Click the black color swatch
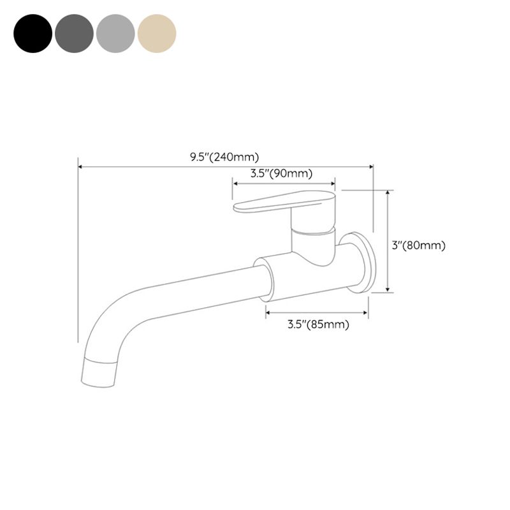[x=33, y=33]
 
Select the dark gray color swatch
[x=74, y=33]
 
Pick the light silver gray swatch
[x=115, y=33]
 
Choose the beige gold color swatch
[x=157, y=33]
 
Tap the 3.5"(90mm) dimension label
[x=281, y=173]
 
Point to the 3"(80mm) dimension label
[x=418, y=245]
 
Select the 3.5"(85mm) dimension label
[x=318, y=324]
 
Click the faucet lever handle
[x=284, y=200]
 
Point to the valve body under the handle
[x=312, y=245]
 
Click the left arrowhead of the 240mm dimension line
[x=80, y=167]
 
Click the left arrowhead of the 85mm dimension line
[x=268, y=312]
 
